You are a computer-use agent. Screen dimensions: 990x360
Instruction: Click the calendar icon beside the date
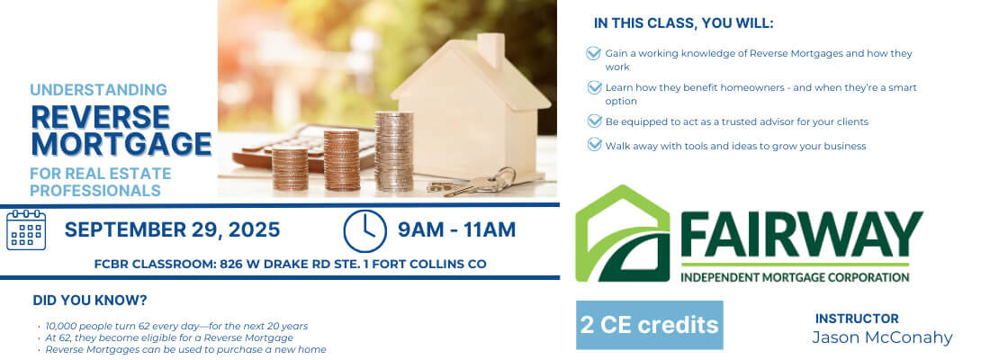pos(26,229)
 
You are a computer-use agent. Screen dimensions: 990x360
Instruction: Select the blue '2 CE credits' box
pos(649,325)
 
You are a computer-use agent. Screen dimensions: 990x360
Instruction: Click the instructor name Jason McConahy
pos(882,337)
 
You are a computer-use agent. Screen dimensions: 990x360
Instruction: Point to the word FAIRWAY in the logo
pos(801,234)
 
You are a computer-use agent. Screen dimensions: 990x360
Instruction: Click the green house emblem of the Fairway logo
pos(623,233)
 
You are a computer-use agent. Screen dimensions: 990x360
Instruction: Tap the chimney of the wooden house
pos(490,49)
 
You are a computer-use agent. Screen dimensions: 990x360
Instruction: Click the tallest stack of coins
pos(393,151)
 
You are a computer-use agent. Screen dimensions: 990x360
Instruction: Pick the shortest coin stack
pos(290,168)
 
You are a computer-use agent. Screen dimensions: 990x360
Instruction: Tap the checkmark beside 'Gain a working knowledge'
pos(593,53)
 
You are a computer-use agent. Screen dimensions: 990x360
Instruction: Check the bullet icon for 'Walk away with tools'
pos(594,145)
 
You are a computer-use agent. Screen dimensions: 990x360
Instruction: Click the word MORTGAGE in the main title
pos(121,143)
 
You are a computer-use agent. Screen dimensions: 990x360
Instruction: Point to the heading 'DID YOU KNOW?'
pos(90,300)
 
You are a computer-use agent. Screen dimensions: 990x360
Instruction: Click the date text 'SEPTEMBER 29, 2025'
pos(173,229)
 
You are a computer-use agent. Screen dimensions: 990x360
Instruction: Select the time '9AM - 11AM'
pos(456,229)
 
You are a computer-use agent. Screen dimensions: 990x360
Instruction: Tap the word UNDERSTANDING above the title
pos(98,90)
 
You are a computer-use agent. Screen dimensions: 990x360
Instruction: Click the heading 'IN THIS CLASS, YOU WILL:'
pos(684,24)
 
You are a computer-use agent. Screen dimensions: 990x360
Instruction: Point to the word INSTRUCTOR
pos(857,319)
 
